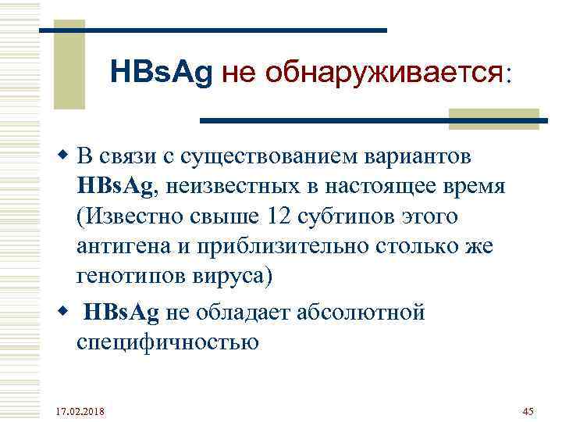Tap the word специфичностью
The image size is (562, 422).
[167, 343]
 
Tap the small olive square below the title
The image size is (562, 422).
[465, 117]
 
